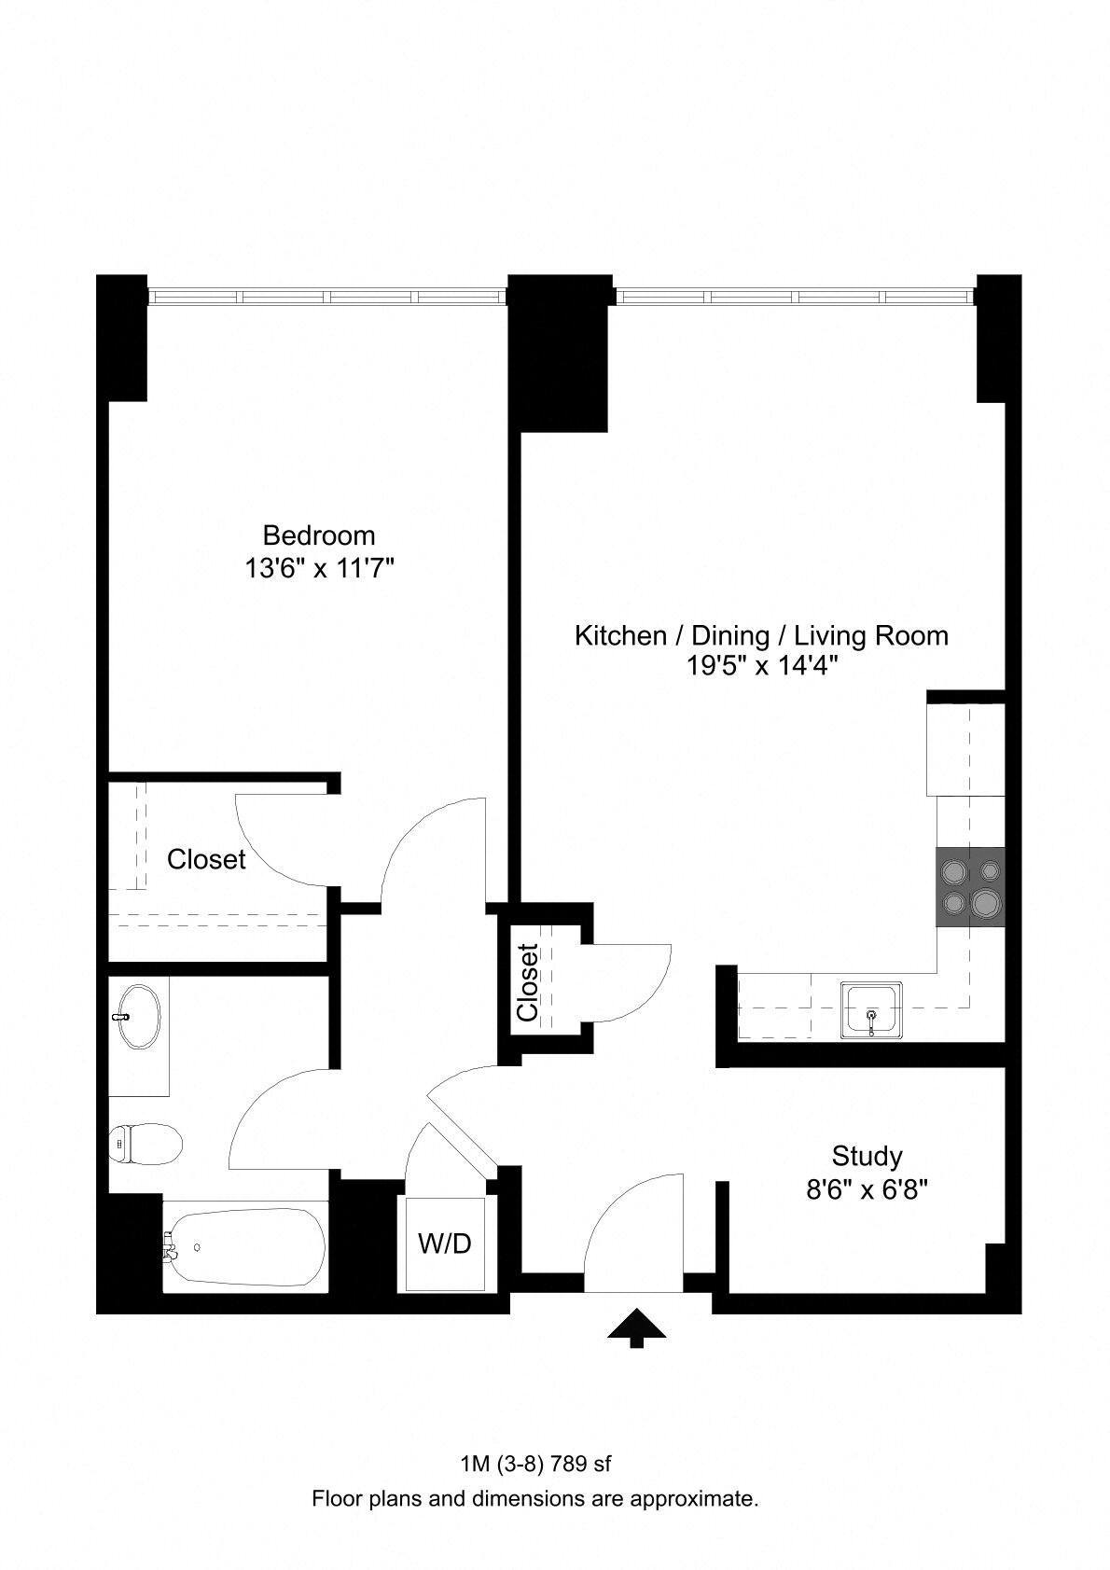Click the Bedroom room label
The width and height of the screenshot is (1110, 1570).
pos(319,535)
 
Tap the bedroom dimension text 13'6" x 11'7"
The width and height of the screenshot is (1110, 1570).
pos(319,567)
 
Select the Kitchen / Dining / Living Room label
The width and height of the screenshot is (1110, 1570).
pos(761,636)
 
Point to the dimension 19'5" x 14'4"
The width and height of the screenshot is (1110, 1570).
pos(761,666)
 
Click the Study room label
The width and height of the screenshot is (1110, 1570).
pos(867,1157)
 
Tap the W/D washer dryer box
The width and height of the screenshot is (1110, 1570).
pos(444,1244)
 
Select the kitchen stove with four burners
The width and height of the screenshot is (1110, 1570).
pos(970,887)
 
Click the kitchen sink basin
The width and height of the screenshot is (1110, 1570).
pos(871,1009)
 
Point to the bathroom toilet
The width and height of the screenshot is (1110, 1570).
pos(144,1145)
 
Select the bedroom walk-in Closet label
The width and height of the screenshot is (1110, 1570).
pos(206,859)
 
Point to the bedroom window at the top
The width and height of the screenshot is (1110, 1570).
pos(327,297)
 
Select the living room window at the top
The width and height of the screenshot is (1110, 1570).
pos(797,297)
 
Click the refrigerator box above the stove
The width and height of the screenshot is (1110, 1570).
pos(965,750)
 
